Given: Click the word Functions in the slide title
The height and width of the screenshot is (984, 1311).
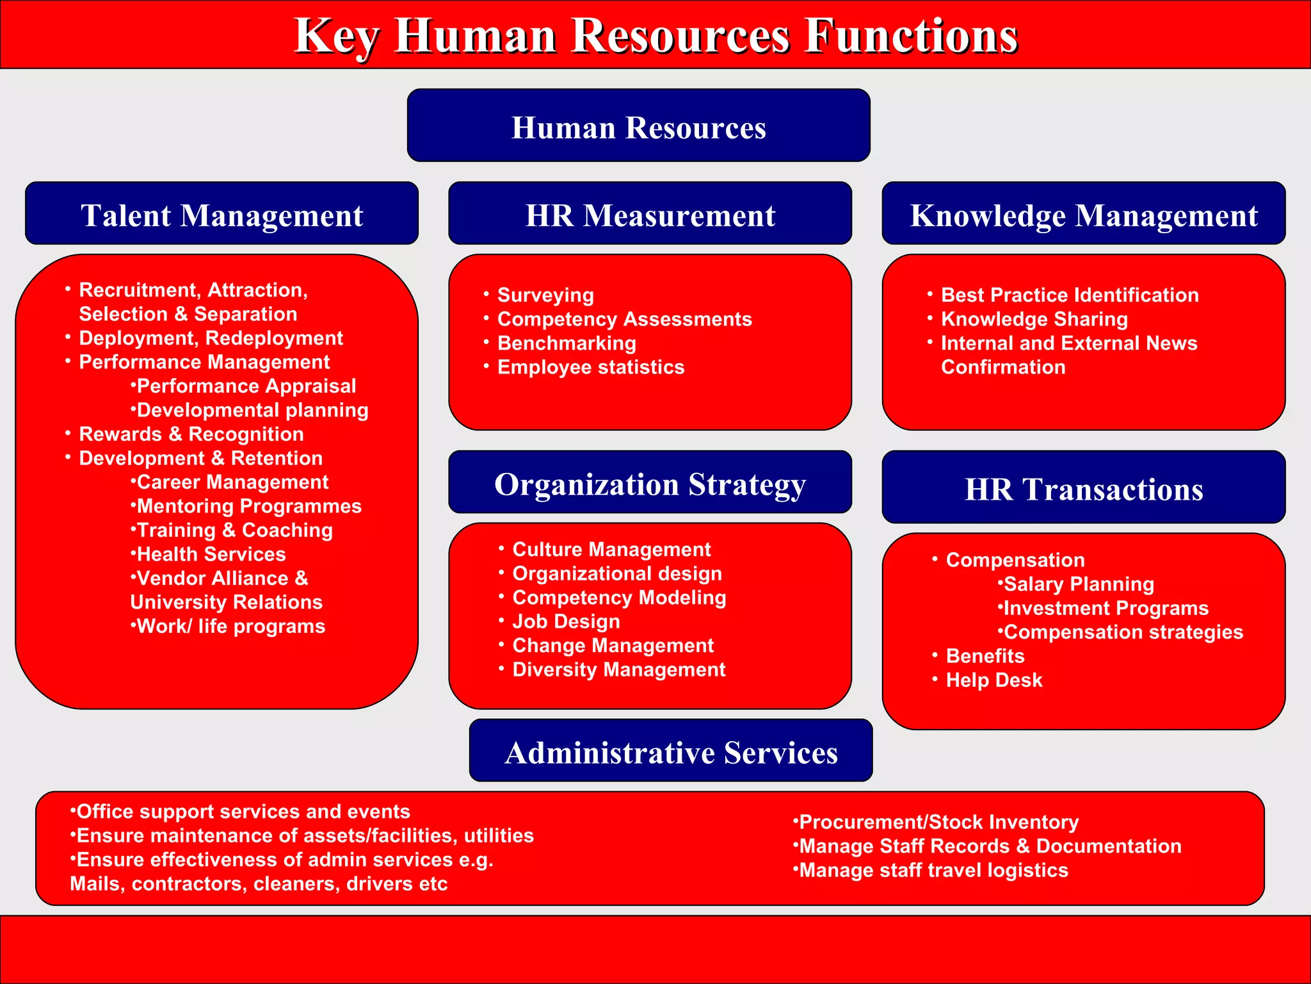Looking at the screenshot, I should coord(910,36).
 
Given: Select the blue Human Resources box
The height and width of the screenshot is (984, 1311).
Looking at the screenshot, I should coord(638,126).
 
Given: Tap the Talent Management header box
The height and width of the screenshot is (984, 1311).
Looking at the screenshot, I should coord(221,214).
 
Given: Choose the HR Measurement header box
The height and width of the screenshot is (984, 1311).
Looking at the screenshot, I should coord(650,214).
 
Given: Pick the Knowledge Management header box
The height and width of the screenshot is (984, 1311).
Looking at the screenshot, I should coord(1083,214).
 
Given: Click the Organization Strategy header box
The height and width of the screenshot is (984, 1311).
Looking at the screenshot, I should coord(650,483).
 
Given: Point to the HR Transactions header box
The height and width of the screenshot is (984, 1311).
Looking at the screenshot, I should coord(1083,488).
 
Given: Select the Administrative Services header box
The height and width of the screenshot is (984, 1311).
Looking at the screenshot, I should coord(670,751).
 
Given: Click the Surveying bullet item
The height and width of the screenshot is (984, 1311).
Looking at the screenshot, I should coord(545,295).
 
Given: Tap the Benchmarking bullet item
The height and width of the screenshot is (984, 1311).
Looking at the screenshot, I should coord(567,343).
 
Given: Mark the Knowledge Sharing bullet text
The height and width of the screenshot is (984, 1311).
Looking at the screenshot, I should coord(1034,319).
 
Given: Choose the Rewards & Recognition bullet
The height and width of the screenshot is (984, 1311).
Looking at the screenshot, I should coord(191,434).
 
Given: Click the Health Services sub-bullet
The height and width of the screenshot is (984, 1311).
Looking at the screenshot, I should coord(211,554).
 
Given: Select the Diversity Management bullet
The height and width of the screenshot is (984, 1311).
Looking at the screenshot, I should coord(618,669).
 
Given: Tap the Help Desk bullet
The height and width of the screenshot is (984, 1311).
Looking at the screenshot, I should coord(993,680).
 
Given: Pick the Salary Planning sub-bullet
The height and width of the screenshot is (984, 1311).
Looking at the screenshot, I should coord(1078,584).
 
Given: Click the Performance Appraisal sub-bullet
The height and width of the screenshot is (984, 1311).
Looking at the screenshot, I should coord(246,386).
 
